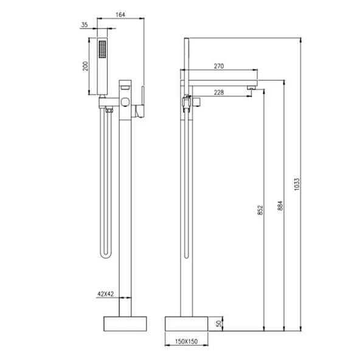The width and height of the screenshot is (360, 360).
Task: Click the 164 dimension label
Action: pos(120,15)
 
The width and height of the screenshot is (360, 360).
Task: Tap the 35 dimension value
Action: pos(85,25)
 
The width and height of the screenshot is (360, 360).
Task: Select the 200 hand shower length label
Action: pos(85,66)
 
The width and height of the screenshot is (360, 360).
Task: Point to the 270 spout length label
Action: pos(219,66)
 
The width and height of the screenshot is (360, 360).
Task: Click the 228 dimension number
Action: pos(219,92)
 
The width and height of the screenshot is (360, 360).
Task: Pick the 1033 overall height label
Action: pos(297,184)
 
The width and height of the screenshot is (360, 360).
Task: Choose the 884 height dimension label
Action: pos(280,206)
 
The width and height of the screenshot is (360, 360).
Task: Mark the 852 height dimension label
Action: pos(260,210)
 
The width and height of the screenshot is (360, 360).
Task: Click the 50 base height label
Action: pos(219,324)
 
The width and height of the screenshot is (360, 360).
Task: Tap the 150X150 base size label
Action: pos(186,342)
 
